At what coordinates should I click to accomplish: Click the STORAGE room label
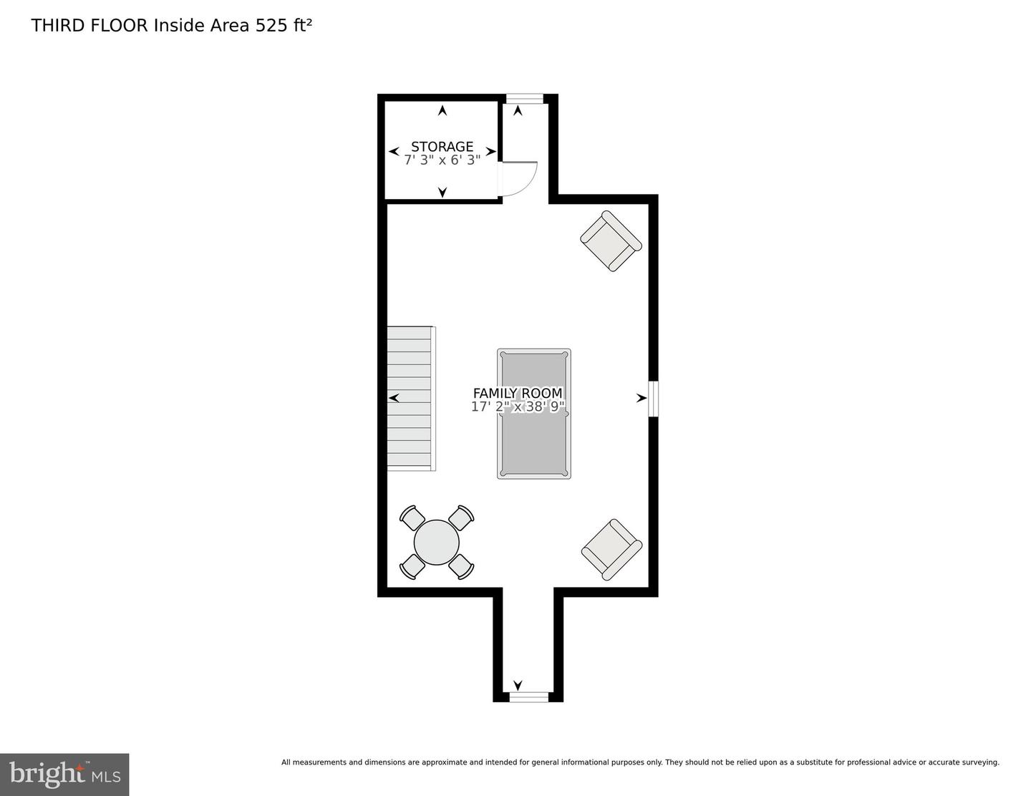(x=442, y=147)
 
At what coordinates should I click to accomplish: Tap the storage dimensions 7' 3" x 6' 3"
(x=442, y=160)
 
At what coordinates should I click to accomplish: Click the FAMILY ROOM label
(x=518, y=393)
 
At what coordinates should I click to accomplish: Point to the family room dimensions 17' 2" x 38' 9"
(x=518, y=407)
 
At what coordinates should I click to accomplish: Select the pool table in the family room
(x=534, y=444)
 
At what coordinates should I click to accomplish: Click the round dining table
(x=437, y=542)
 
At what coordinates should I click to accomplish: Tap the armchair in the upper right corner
(x=610, y=241)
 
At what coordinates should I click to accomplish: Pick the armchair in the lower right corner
(x=611, y=549)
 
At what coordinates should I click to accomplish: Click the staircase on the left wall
(x=410, y=398)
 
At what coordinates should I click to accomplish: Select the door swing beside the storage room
(x=518, y=178)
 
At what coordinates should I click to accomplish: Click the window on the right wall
(x=654, y=399)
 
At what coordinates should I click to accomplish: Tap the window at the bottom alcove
(x=528, y=696)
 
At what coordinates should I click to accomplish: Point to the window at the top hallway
(x=524, y=99)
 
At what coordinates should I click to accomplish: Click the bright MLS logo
(x=64, y=775)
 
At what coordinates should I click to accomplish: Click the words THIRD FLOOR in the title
(x=89, y=26)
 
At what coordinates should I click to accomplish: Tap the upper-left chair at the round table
(x=413, y=517)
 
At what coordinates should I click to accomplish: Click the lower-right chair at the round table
(x=462, y=566)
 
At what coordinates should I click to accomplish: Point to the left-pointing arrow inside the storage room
(x=393, y=152)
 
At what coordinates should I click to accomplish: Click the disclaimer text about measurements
(x=640, y=762)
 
